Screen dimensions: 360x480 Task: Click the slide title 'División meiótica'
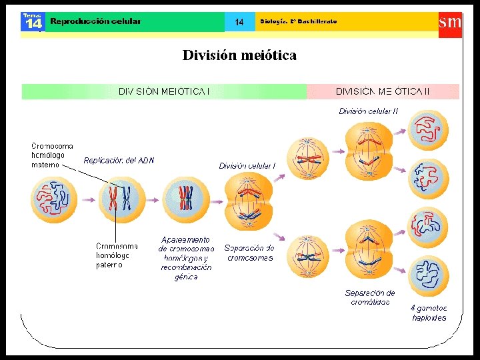point(239,55)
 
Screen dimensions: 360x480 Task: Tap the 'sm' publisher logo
point(449,21)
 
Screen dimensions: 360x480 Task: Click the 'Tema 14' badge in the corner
point(32,21)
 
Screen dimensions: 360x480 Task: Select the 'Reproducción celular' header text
point(96,21)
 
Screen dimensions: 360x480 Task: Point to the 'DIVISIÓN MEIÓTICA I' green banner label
point(164,91)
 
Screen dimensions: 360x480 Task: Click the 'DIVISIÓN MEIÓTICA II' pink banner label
point(383,91)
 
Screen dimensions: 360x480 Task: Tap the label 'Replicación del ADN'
point(119,160)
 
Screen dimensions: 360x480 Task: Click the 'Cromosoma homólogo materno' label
point(53,155)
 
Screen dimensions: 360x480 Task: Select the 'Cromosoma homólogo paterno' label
point(117,255)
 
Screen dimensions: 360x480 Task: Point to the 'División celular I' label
point(247,165)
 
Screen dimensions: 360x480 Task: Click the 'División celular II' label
point(369,111)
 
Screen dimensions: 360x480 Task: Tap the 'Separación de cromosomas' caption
point(250,253)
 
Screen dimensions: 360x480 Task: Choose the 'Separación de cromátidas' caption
point(370,297)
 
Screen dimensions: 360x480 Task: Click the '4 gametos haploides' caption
point(429,313)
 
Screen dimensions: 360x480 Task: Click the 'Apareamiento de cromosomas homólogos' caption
point(186,257)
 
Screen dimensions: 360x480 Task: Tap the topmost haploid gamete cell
point(429,129)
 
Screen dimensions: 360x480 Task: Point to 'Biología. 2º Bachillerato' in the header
point(298,21)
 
